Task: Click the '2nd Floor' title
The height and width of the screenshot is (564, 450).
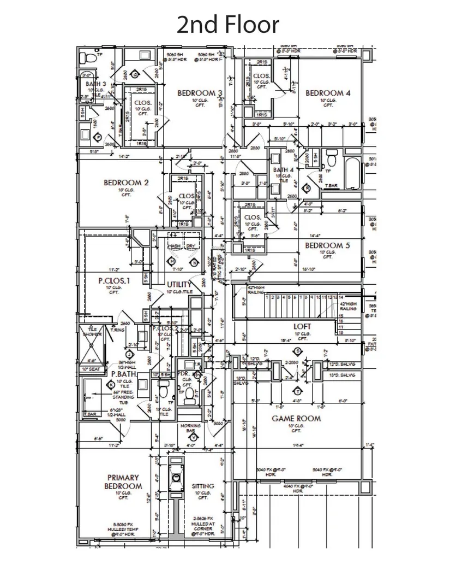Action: pos(228,25)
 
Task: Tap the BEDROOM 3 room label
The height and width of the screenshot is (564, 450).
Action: pos(200,93)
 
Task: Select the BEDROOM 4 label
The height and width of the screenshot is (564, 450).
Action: pos(328,93)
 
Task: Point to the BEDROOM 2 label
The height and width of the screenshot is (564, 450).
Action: pos(126,183)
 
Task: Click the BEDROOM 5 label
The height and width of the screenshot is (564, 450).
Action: pos(327,246)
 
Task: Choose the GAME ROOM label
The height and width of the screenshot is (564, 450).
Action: pos(296,419)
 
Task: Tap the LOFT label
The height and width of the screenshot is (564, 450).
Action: pos(302,326)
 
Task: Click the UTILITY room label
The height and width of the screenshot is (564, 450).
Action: pos(179,285)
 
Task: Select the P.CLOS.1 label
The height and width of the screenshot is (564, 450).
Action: pos(115,281)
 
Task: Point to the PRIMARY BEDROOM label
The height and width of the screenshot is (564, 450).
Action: pos(123,481)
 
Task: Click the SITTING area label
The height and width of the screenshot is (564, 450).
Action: pos(203,486)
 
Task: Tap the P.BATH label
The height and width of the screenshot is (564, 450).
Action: pos(123,374)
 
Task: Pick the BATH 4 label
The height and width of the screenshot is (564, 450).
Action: pos(284,170)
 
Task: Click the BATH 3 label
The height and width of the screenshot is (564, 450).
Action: pos(95,84)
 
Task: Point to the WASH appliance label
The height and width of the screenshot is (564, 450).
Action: pos(174,246)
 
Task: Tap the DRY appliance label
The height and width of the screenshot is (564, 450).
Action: pos(191,246)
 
